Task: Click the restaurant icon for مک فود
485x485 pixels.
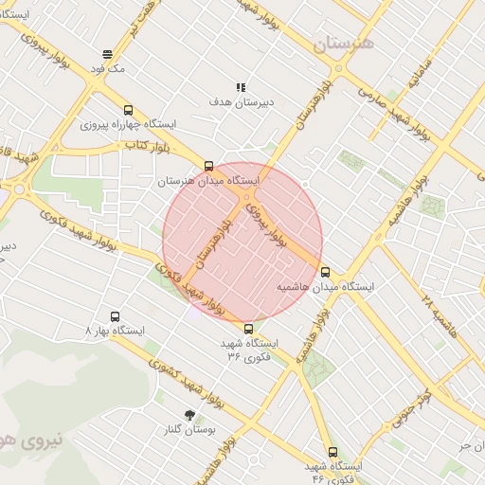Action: click(108, 54)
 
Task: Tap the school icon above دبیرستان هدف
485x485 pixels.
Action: click(242, 86)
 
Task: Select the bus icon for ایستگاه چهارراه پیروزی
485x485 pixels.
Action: click(129, 109)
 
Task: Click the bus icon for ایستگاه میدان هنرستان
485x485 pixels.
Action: click(208, 166)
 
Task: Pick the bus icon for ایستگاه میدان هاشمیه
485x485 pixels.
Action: click(326, 272)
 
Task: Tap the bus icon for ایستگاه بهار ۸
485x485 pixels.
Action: click(116, 316)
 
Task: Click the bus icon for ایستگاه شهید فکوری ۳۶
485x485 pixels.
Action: click(248, 329)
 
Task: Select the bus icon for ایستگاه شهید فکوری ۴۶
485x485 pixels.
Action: click(332, 452)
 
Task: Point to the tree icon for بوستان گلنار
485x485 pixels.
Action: click(190, 415)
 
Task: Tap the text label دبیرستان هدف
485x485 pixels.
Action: click(242, 100)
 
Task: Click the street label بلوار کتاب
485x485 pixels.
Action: click(147, 146)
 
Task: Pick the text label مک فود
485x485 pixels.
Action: click(109, 69)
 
